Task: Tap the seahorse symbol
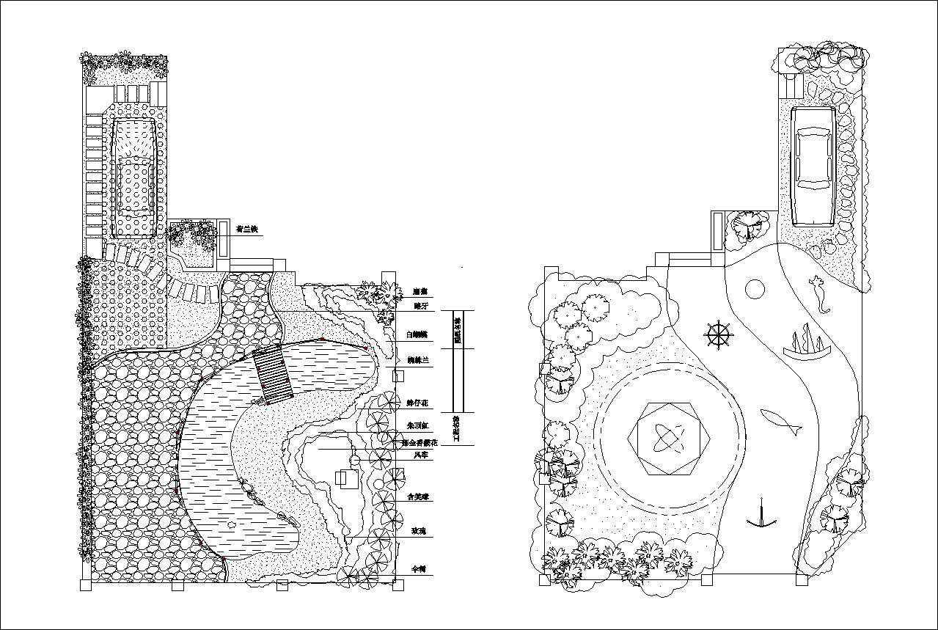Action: pyautogui.click(x=819, y=293)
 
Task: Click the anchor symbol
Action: pyautogui.click(x=762, y=515)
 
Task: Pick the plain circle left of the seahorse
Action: pyautogui.click(x=754, y=289)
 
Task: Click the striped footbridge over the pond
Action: pyautogui.click(x=273, y=376)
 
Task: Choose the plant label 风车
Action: pyautogui.click(x=421, y=455)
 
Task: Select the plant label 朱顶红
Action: pyautogui.click(x=418, y=425)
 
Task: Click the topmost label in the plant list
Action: pyautogui.click(x=419, y=290)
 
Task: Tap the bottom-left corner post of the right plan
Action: pyautogui.click(x=544, y=579)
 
